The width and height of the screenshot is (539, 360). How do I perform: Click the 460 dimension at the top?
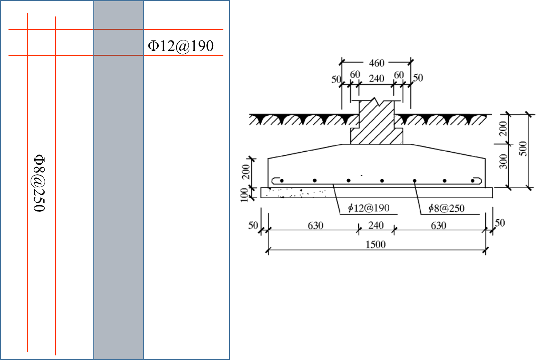click(x=376, y=63)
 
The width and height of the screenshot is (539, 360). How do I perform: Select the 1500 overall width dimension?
click(x=375, y=244)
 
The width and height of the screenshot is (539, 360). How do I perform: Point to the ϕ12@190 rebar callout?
click(x=369, y=208)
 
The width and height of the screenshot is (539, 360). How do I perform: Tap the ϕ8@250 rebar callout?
click(x=446, y=208)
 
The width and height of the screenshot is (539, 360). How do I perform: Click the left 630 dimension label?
click(x=315, y=226)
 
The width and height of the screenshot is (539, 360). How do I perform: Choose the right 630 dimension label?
click(x=438, y=226)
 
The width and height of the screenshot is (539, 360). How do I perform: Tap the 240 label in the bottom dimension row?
click(x=376, y=226)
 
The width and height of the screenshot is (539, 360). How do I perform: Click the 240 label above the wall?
click(x=376, y=79)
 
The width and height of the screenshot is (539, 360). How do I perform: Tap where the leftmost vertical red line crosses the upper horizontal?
click(x=28, y=29)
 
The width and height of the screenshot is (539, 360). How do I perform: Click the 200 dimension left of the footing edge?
click(x=246, y=172)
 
